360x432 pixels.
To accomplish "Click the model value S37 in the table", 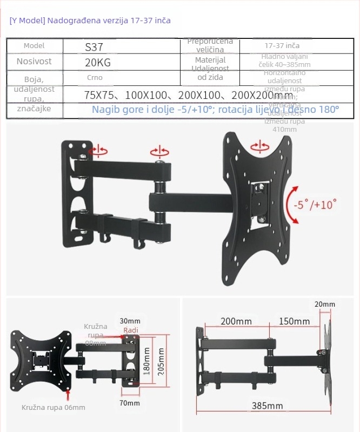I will click(x=94, y=48).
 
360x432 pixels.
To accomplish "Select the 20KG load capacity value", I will click(x=98, y=63).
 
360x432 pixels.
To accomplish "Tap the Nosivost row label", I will click(x=34, y=62).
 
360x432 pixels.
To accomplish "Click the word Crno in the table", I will click(x=94, y=78).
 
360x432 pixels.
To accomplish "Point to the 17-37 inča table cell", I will click(x=282, y=46).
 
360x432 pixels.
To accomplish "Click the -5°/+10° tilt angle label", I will click(x=315, y=206).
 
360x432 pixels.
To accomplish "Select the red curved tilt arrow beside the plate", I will click(x=292, y=205).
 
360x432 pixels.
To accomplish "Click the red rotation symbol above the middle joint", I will click(x=160, y=151).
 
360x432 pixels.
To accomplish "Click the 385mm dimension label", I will click(x=267, y=406).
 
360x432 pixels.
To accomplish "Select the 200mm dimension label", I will click(x=236, y=321).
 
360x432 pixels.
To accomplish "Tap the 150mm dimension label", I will click(x=294, y=321).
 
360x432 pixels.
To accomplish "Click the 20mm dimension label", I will click(x=324, y=305).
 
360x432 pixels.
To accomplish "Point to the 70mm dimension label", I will click(x=130, y=403).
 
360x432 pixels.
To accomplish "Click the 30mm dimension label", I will click(x=130, y=321).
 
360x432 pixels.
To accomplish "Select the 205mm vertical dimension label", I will click(x=160, y=360).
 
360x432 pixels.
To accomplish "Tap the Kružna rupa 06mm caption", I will click(x=54, y=408).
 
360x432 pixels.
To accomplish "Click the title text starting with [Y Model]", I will click(x=90, y=21).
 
